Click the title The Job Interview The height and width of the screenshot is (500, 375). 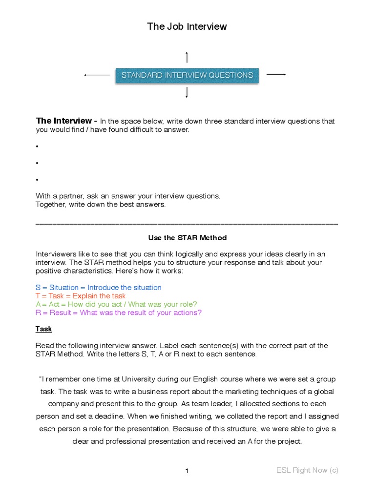point(187,26)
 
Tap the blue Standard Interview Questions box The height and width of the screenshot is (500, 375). point(187,75)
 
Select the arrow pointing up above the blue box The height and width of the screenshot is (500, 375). point(187,57)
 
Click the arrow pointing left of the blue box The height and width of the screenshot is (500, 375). point(97,75)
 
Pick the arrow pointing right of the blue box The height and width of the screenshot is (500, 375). point(276,74)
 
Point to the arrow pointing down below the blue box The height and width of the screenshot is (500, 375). point(187,92)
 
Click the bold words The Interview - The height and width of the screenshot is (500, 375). point(67,121)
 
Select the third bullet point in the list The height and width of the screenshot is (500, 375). point(37,180)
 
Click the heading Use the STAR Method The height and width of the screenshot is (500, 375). point(187,238)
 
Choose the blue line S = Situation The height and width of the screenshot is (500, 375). point(98,288)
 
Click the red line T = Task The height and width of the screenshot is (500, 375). point(81,296)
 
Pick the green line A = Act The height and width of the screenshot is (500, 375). point(116,304)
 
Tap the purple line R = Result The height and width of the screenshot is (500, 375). point(119,312)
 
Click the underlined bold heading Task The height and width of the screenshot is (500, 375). point(43,329)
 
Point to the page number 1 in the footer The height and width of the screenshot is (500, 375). point(187,471)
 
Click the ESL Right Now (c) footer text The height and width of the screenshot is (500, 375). point(307,470)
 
